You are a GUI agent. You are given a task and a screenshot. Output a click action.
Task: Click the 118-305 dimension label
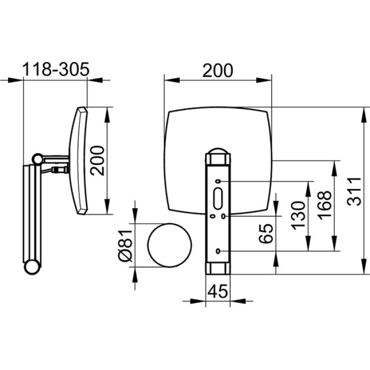click(x=55, y=70)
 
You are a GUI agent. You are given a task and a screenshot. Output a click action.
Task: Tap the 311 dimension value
click(x=354, y=191)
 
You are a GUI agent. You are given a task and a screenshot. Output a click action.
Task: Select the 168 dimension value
click(x=325, y=205)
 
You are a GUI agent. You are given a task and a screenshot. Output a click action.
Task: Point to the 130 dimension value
click(x=298, y=216)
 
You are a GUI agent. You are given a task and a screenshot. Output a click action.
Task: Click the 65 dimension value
click(x=266, y=233)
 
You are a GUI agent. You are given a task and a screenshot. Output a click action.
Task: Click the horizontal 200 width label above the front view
click(x=218, y=70)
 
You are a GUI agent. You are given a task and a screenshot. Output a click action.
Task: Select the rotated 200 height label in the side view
click(x=98, y=161)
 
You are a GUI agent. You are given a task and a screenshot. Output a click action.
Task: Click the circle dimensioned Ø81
click(x=170, y=245)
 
